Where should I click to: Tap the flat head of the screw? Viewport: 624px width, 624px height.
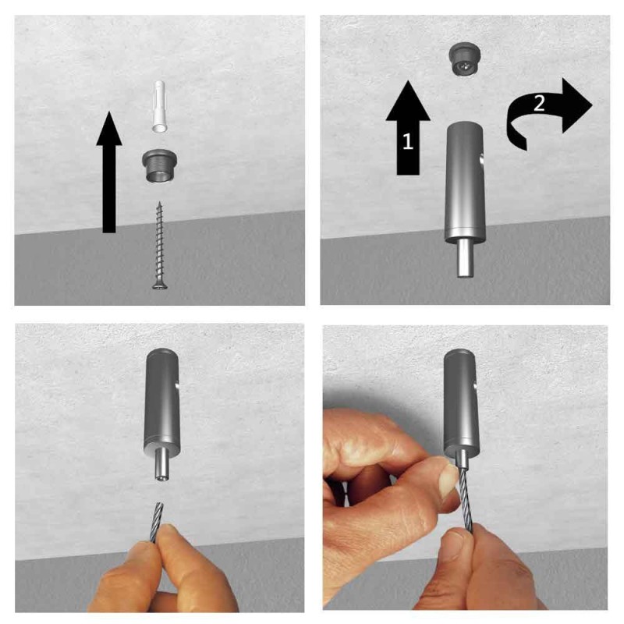(159, 285)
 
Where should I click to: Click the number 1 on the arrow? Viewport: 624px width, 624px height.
(407, 141)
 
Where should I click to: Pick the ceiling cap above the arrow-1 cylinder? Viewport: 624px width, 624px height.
(463, 58)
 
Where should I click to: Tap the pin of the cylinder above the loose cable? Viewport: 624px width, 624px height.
(161, 466)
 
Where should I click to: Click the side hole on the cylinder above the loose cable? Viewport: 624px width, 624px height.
(179, 383)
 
